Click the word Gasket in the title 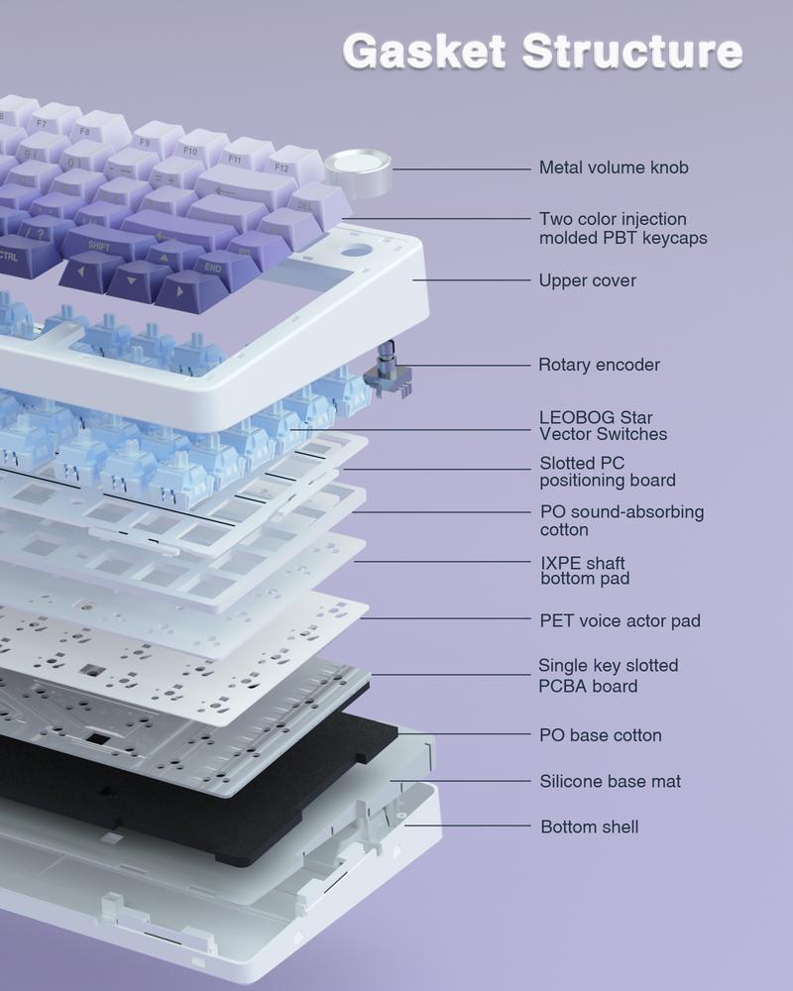[x=424, y=52]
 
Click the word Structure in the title [x=632, y=52]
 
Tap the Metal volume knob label [x=614, y=167]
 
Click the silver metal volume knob [x=358, y=172]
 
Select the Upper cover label [x=588, y=280]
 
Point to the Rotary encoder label [x=599, y=365]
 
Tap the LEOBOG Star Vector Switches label [x=603, y=425]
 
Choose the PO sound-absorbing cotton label [x=622, y=521]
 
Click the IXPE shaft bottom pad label [x=585, y=571]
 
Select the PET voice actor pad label [x=620, y=620]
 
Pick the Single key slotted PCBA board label [x=608, y=676]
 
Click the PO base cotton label [x=600, y=735]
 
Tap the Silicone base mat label [x=611, y=781]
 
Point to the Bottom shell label [x=590, y=826]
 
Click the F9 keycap [x=153, y=141]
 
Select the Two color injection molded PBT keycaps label [x=623, y=228]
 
